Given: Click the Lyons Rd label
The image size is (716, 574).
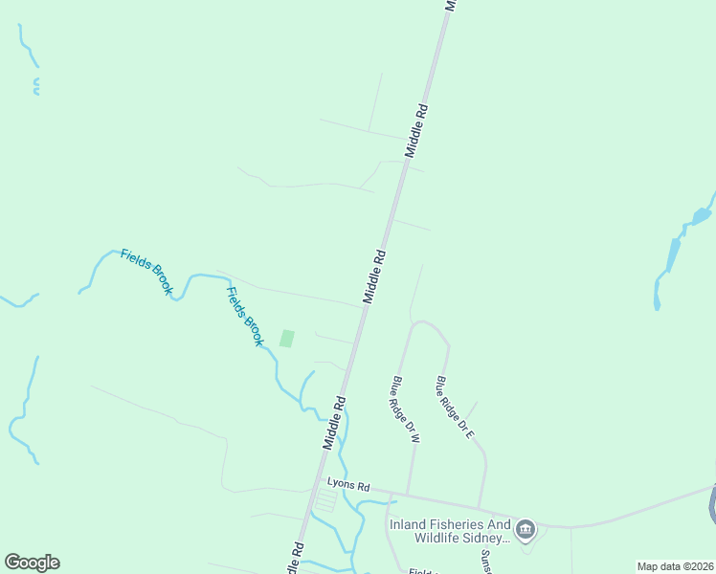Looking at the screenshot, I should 347,485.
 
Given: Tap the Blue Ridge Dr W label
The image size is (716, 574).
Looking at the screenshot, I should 406,410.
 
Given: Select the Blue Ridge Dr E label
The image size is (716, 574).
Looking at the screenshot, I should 455,407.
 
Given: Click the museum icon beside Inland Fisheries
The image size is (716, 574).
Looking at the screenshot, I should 525,529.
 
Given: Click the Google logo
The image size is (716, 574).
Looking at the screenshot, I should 32,563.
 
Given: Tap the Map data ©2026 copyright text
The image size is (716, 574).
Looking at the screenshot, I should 675,566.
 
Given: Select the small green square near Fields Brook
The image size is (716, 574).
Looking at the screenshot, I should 286,338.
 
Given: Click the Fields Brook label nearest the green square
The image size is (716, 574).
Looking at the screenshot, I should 244,316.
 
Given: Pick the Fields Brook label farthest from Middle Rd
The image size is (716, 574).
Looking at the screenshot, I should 145,271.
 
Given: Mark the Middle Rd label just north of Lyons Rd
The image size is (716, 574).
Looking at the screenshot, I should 334,422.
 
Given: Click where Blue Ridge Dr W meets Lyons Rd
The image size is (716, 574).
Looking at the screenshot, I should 408,496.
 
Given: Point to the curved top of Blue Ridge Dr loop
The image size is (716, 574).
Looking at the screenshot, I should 427,323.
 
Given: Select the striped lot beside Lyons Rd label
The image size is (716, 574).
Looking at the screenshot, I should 326,500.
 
